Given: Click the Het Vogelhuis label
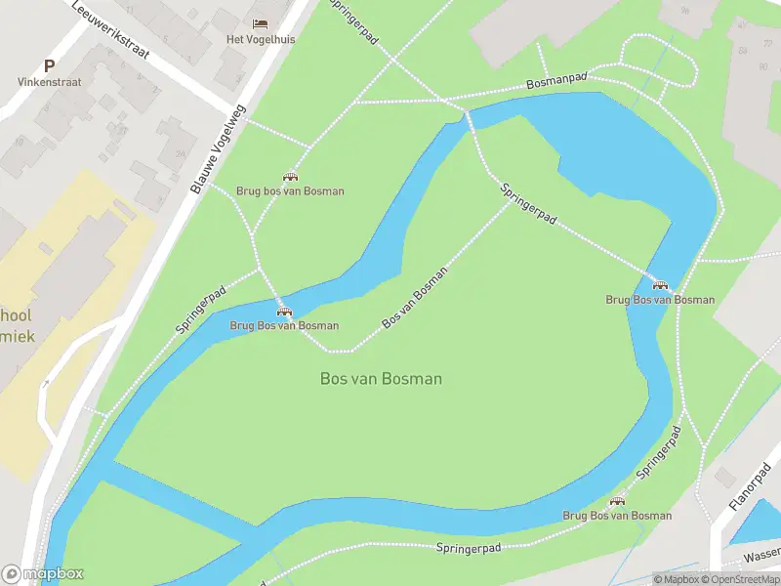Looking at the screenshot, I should point(261,39).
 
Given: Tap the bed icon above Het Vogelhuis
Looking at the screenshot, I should point(260,23).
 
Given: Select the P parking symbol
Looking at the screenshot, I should point(49,66).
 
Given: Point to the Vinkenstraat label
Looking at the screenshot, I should point(49,83).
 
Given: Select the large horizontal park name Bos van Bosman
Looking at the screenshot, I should point(381,378).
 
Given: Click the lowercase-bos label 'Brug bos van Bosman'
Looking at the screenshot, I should point(290,191).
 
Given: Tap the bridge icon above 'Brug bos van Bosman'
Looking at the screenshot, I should point(290,177).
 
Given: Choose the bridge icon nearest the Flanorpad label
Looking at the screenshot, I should point(617,501).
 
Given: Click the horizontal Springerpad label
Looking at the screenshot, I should point(469,549).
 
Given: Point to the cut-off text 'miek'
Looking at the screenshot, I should point(16,335).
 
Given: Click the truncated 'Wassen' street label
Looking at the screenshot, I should point(761,553).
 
